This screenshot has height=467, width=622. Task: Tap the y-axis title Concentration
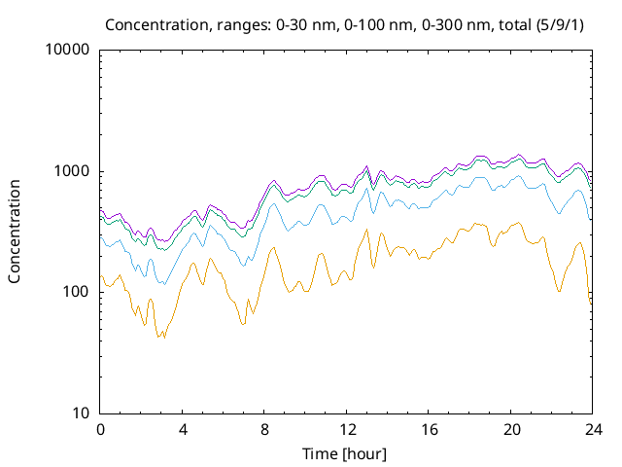15,231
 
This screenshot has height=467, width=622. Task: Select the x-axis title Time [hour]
346,453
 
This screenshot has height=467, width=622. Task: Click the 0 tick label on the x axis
100,430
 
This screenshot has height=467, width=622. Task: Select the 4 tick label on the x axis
182,430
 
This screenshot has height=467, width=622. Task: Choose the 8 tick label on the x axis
264,430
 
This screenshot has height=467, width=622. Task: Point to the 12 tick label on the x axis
346,430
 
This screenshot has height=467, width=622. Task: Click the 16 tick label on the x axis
428,430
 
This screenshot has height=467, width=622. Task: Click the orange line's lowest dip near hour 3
160,337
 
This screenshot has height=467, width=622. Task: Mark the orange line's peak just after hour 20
516,223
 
